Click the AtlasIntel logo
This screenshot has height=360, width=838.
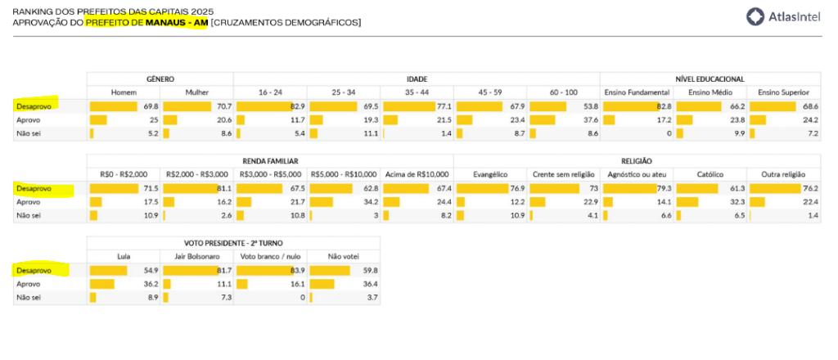pos(787,16)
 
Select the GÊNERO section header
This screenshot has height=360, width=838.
pos(160,79)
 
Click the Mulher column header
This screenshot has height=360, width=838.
pos(197,92)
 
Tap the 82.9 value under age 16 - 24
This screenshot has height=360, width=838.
pos(297,106)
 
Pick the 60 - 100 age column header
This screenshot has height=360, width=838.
pos(563,92)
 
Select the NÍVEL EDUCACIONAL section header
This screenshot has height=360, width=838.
pos(710,79)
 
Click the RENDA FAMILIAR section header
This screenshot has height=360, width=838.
pos(270,161)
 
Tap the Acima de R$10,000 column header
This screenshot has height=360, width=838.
pos(417,174)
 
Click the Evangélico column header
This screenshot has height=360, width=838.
pos(490,174)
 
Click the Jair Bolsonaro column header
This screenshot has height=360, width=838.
pos(197,256)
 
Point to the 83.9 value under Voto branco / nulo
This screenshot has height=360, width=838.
pos(297,271)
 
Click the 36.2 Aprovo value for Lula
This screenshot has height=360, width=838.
pos(150,284)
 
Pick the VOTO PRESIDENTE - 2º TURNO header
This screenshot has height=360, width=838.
pos(233,243)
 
